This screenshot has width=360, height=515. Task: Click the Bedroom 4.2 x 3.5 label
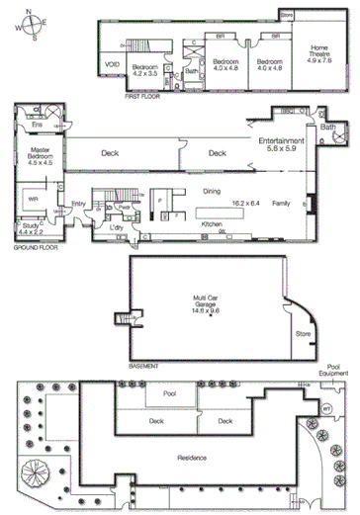point(145,70)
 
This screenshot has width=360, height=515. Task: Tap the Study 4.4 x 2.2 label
point(29,228)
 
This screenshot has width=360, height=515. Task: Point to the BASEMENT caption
point(144,364)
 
